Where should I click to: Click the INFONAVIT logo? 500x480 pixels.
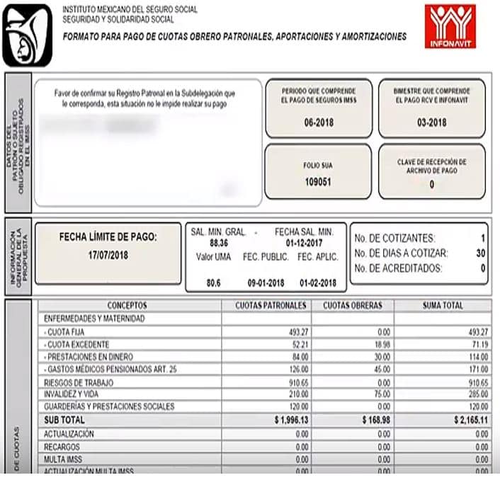coord(450,26)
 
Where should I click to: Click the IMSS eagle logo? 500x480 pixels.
coord(27,35)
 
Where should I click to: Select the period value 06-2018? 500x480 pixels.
coord(318,122)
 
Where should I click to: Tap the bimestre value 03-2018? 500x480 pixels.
coord(431,122)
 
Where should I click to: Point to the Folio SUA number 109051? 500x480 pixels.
coord(318,181)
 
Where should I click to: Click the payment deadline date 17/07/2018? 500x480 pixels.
coord(108,253)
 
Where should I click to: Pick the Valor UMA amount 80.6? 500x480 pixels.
coord(213,282)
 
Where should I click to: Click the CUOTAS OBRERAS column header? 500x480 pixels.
coord(352,305)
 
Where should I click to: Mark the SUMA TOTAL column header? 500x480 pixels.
coord(443,305)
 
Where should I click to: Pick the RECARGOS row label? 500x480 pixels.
coord(62,447)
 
